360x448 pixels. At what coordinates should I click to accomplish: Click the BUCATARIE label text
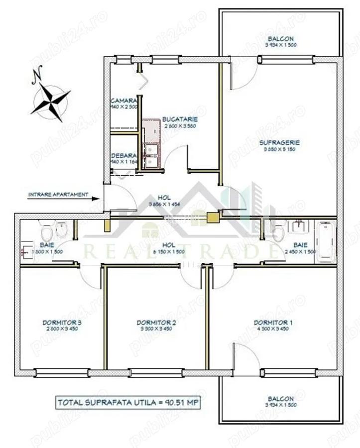coord(180,119)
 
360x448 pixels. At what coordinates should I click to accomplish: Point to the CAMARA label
coord(121,100)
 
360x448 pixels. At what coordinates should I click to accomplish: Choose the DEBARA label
coord(121,155)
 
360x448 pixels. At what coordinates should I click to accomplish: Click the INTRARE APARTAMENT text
coord(58,194)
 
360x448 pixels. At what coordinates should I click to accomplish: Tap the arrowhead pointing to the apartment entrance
coord(99,199)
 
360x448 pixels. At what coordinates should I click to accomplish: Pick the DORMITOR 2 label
coord(157,322)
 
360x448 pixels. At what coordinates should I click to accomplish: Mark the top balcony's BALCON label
coord(280,39)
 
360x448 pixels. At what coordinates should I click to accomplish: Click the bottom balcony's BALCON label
coord(280,399)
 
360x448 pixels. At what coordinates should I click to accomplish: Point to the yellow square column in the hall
coord(213,217)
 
